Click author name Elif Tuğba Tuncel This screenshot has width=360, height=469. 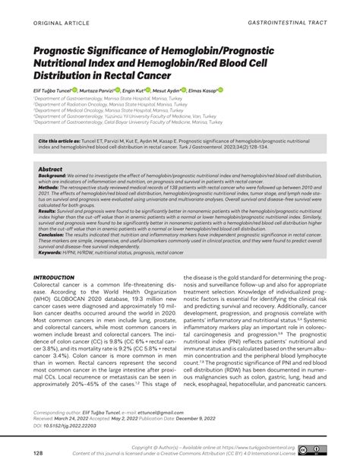click(56, 91)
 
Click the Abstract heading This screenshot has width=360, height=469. click(50, 170)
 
